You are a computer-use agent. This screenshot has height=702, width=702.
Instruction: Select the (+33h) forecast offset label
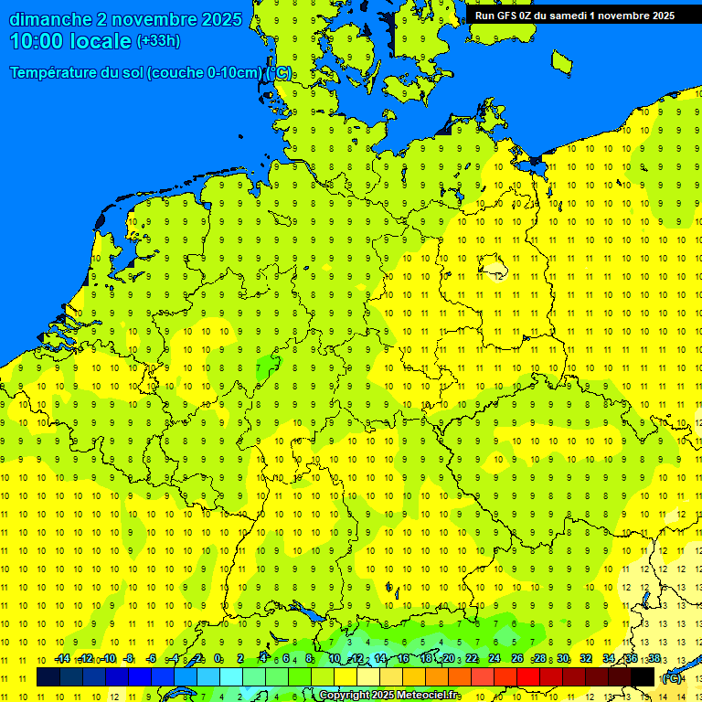pyautogui.click(x=158, y=41)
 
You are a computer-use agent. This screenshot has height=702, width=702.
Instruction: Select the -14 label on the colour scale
pyautogui.click(x=62, y=659)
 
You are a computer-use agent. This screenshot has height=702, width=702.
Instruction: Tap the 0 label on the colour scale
pyautogui.click(x=218, y=659)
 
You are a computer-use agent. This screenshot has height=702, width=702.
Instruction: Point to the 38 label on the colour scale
pyautogui.click(x=654, y=659)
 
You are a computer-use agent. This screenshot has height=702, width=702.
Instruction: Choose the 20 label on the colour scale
pyautogui.click(x=448, y=659)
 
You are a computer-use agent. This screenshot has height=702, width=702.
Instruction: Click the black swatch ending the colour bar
pyautogui.click(x=643, y=676)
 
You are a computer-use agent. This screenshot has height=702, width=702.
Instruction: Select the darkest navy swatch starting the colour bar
pyautogui.click(x=48, y=676)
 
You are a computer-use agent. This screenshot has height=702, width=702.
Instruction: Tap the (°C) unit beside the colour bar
pyautogui.click(x=673, y=678)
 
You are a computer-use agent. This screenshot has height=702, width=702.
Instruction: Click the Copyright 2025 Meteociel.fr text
pyautogui.click(x=388, y=696)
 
